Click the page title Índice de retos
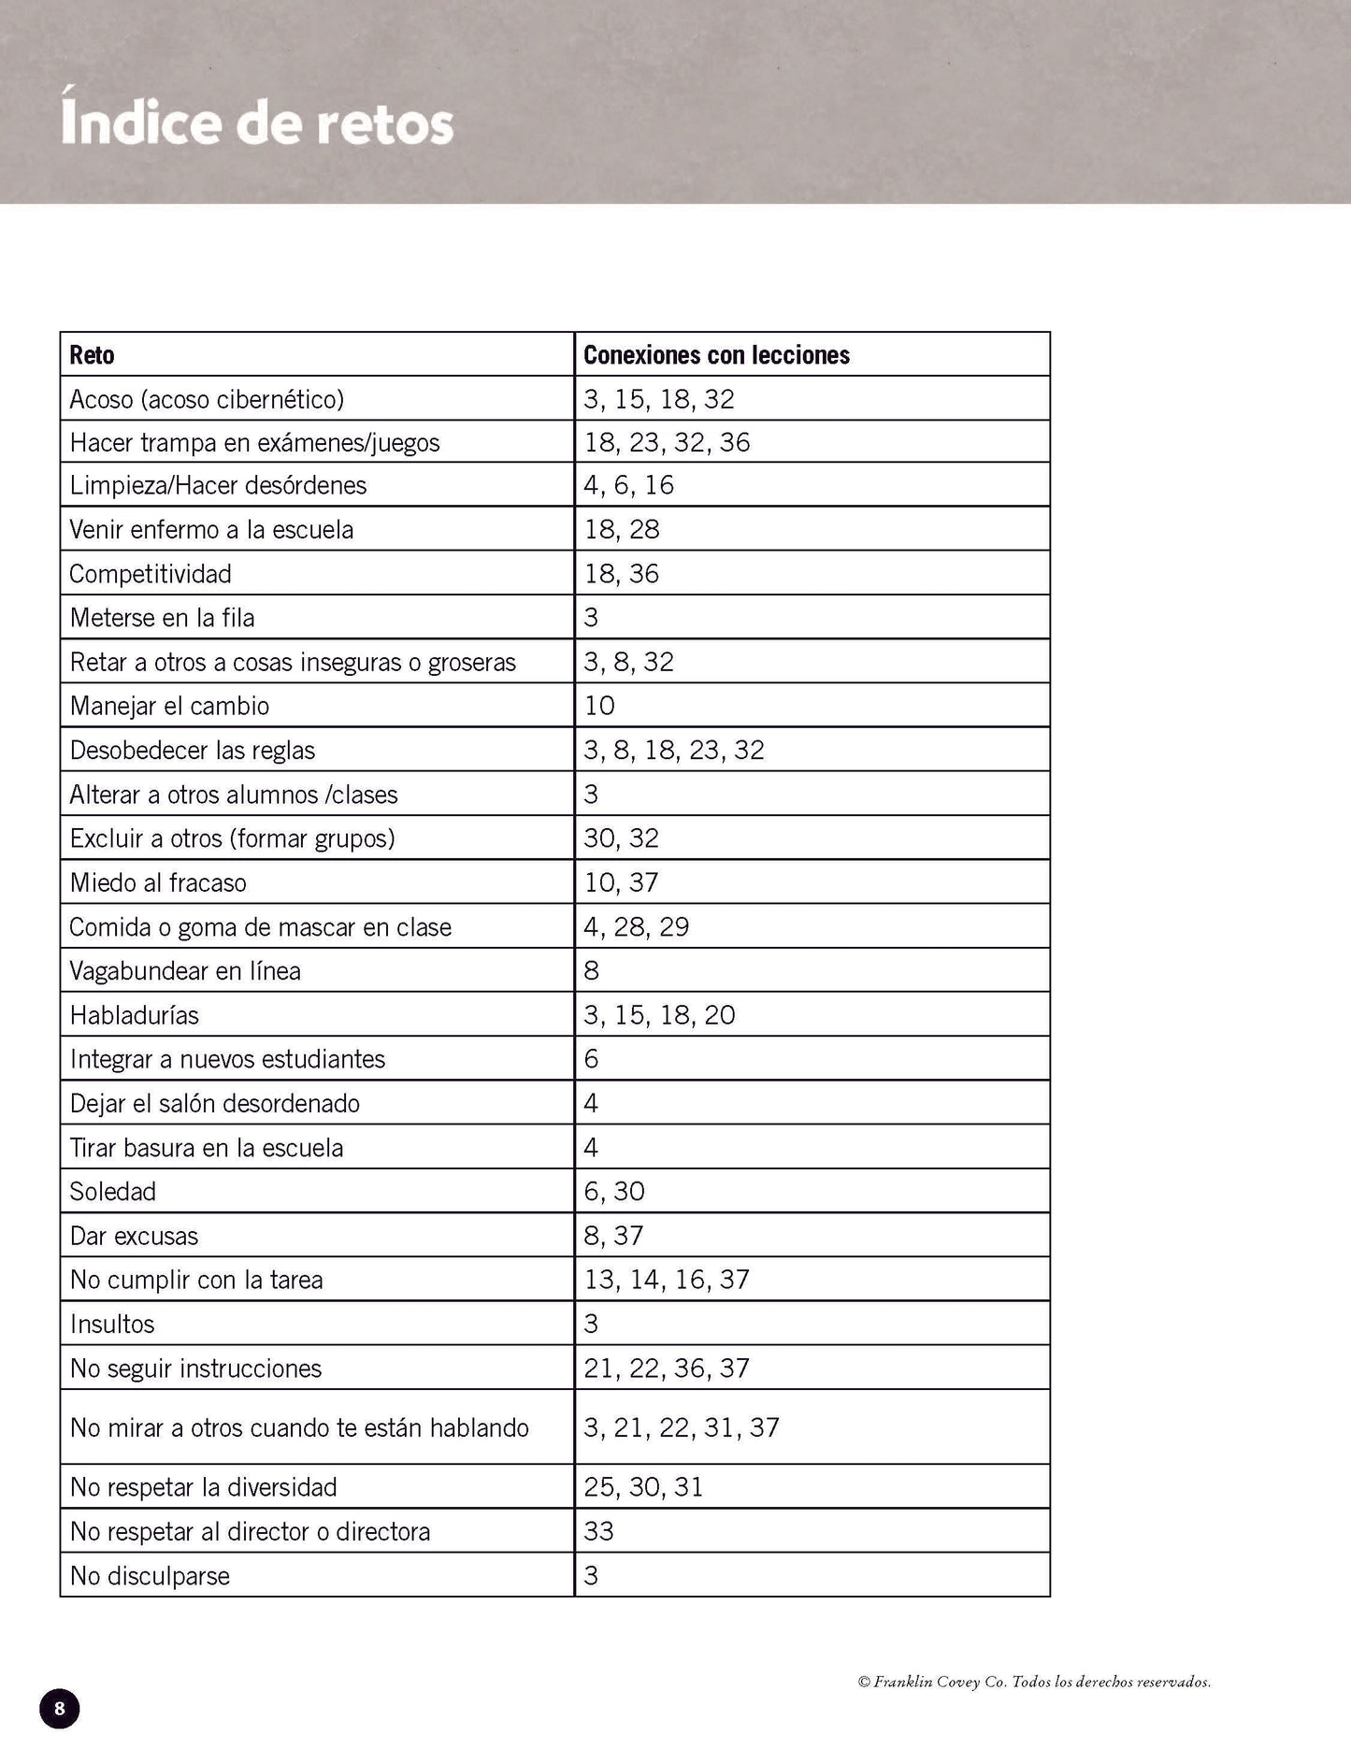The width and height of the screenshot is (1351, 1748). click(257, 124)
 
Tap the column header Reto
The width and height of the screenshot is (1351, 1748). click(93, 355)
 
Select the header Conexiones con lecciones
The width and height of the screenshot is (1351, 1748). click(716, 355)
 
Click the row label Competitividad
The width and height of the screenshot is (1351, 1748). click(151, 574)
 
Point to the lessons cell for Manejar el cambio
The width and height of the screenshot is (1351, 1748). click(600, 706)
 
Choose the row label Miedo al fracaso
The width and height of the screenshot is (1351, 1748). click(158, 882)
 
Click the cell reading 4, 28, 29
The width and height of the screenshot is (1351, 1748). click(637, 927)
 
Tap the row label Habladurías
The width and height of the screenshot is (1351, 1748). click(135, 1015)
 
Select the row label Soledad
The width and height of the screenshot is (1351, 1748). click(113, 1192)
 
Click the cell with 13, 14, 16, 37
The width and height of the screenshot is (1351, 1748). click(667, 1280)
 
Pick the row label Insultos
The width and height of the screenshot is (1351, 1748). click(112, 1324)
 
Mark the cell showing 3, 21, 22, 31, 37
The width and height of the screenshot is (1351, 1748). click(682, 1427)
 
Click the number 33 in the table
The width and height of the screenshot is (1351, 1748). click(599, 1531)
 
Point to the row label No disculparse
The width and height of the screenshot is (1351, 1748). click(150, 1576)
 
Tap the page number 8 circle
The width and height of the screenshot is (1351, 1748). click(60, 1709)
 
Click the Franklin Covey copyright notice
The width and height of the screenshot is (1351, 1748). click(1034, 1682)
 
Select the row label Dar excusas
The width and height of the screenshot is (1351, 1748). click(135, 1236)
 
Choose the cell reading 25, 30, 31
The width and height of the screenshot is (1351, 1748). click(644, 1487)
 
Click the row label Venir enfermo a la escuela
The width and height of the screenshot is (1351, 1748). click(211, 530)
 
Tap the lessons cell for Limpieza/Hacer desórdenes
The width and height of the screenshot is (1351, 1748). click(629, 485)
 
